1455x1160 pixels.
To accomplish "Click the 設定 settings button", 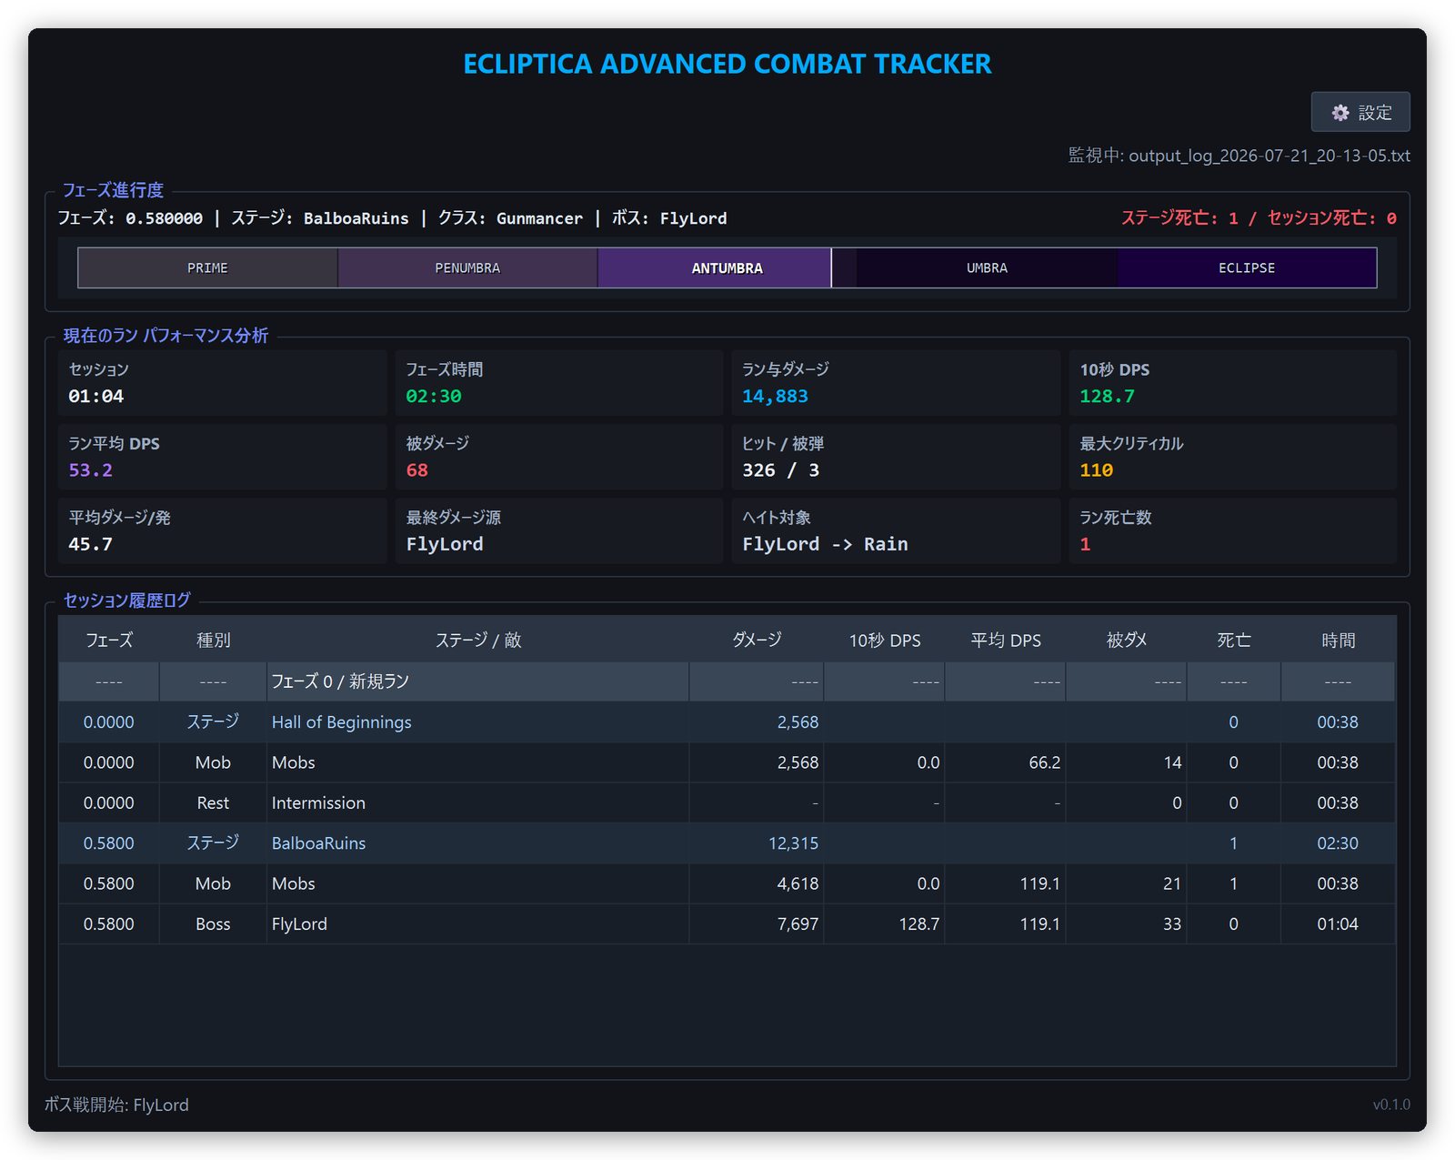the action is [1360, 112].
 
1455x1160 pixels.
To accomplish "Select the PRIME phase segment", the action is [207, 267].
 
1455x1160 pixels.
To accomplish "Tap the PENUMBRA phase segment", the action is [467, 267].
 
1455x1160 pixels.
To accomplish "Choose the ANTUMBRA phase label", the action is [727, 267].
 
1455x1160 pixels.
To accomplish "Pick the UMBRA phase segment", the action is [987, 267].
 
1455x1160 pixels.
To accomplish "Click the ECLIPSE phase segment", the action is [1246, 267].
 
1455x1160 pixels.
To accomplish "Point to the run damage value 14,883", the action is [775, 397].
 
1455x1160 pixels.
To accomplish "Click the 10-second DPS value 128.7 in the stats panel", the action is [1107, 397].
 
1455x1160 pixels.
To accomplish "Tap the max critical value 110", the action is [1096, 470].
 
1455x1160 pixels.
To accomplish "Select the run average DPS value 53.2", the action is [91, 470].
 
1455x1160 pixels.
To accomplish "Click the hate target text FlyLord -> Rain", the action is [825, 544].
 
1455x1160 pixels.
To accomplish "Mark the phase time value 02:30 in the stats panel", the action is [434, 397].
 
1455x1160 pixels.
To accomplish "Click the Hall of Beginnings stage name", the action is [341, 721].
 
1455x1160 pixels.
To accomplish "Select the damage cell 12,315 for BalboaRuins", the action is [793, 842].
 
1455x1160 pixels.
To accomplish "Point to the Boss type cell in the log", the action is [213, 923].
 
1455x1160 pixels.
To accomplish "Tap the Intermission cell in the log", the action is [318, 802].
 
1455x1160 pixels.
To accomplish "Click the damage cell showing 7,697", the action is [798, 923].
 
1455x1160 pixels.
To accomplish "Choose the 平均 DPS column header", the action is [1006, 640].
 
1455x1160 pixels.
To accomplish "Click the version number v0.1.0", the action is [1390, 1104].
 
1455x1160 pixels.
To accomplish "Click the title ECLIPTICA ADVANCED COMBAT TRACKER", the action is [727, 65].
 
